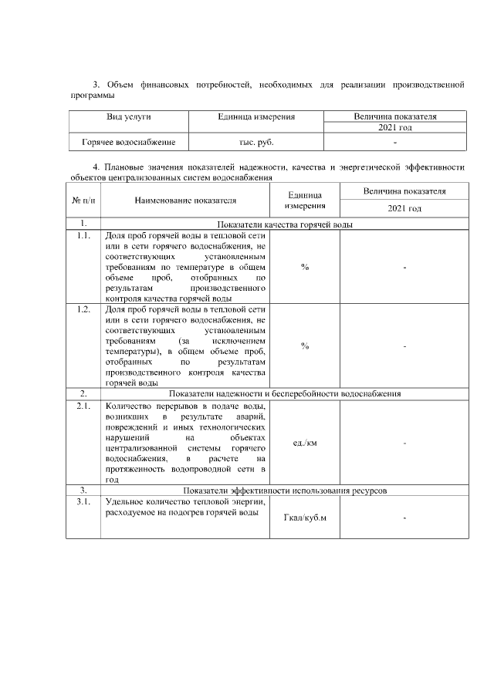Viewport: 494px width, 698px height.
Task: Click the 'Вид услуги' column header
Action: coord(128,116)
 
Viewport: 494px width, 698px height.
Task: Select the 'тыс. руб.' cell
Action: coord(257,143)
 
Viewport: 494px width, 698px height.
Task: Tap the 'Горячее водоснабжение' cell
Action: coord(128,143)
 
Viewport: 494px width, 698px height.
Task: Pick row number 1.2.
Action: coord(83,309)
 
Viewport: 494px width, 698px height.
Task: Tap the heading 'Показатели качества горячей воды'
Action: coord(284,224)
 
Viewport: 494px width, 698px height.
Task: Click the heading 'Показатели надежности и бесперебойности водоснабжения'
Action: coord(284,394)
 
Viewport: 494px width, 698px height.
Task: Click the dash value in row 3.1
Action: coord(404,518)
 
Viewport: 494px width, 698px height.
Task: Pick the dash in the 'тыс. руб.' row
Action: coord(395,143)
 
